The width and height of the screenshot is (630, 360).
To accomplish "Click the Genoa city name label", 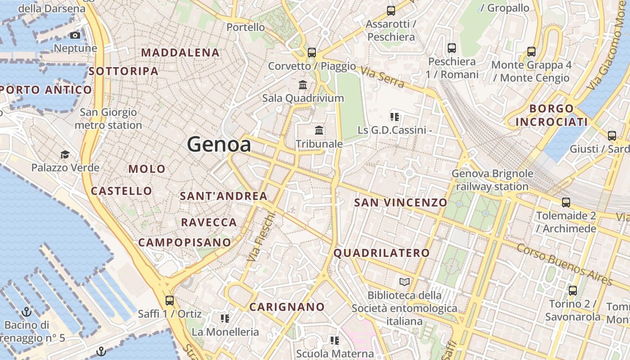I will (219, 144).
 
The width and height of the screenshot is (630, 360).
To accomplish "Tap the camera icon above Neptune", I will (75, 36).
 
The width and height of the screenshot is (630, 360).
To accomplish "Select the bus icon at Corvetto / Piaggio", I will (311, 52).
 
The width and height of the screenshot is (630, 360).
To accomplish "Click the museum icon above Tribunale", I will (319, 130).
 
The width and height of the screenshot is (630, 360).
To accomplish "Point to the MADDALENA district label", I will (180, 53).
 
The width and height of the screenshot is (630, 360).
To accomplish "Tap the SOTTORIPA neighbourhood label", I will (123, 71).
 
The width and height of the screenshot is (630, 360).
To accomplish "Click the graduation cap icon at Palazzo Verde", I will (65, 155).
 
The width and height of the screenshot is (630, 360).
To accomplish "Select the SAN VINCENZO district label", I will (400, 202).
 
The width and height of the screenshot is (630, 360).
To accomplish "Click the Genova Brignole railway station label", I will (492, 180).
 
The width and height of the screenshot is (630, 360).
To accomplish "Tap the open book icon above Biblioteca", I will (405, 282).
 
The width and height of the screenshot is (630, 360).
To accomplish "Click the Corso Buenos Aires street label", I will (565, 265).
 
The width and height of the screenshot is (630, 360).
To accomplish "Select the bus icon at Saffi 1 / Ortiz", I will (170, 300).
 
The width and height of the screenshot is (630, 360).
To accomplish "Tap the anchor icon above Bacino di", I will (27, 311).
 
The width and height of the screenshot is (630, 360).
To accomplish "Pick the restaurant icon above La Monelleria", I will (225, 319).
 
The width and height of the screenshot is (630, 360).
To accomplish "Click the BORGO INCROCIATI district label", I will (552, 115).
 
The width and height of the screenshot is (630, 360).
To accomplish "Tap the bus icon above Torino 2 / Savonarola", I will (572, 290).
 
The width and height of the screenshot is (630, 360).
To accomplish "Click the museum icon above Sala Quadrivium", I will (303, 85).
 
